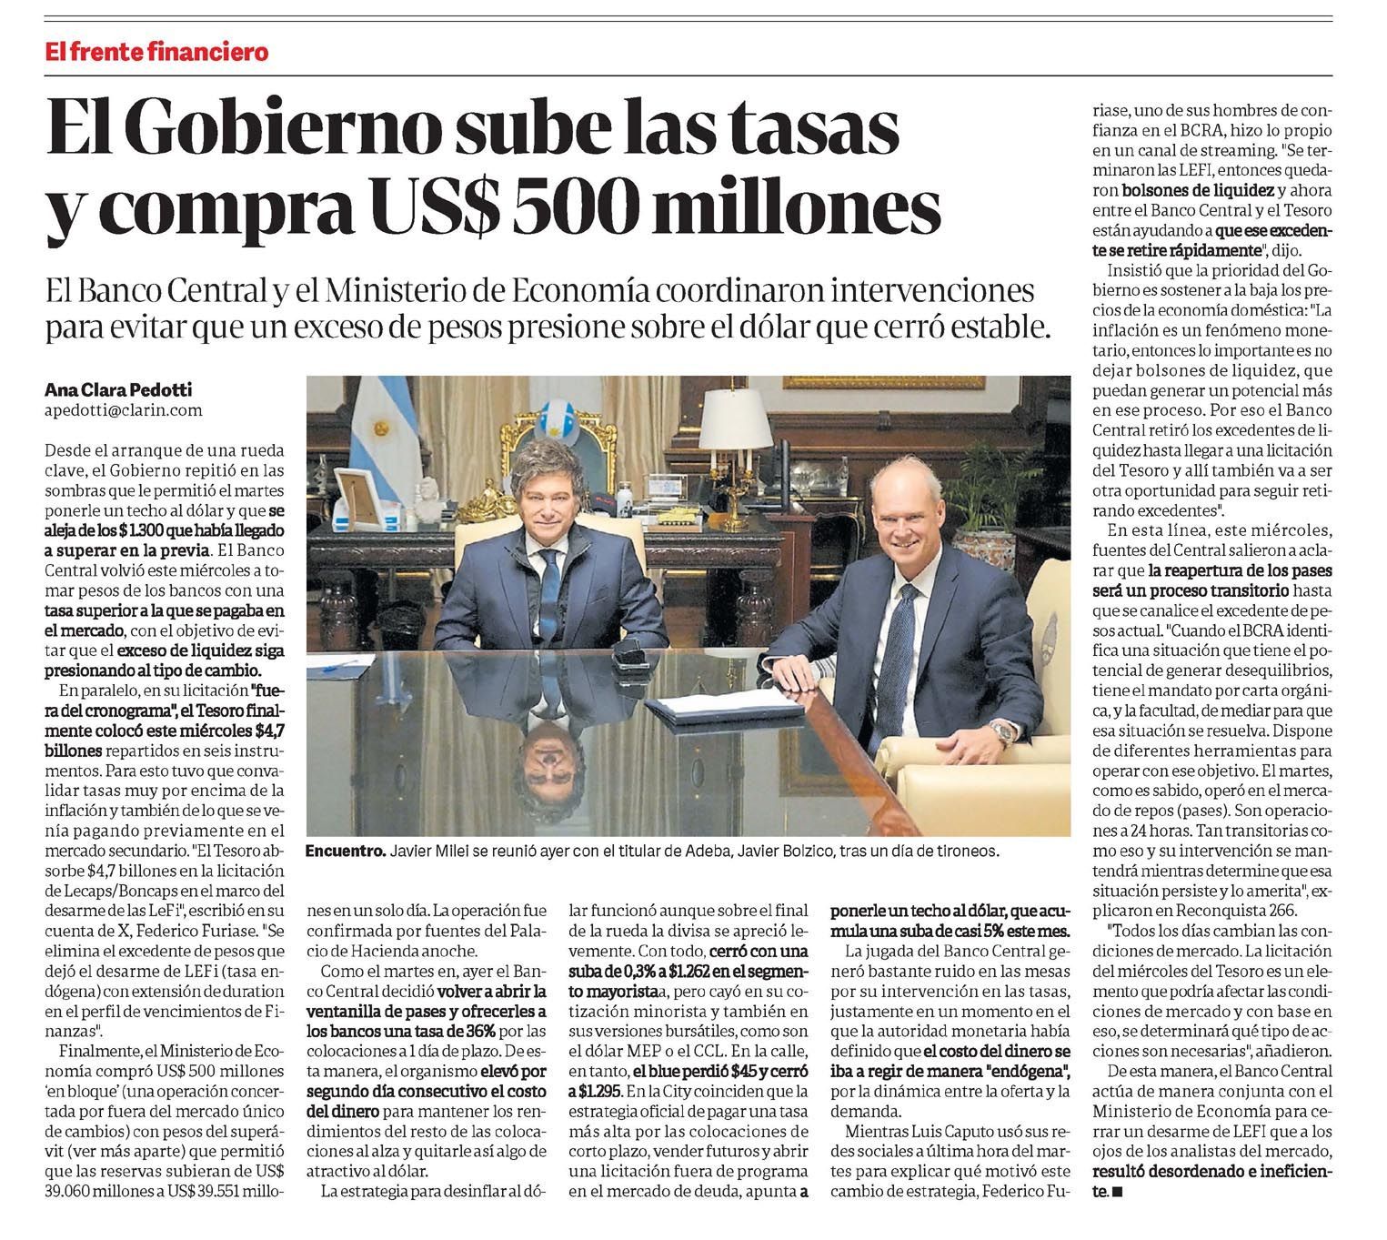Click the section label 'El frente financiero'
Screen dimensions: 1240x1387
(x=157, y=52)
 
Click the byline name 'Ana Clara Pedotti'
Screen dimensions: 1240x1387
(x=118, y=390)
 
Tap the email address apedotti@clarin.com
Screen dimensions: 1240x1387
(x=123, y=410)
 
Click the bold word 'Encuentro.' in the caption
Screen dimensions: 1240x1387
(x=346, y=852)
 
